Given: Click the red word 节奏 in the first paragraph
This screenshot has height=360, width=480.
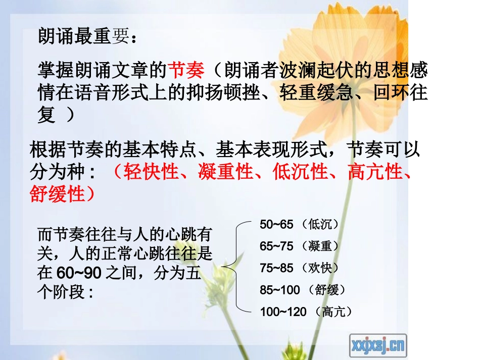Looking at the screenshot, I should tap(185, 70).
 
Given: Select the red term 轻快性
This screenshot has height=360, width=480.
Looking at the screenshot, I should tap(151, 172).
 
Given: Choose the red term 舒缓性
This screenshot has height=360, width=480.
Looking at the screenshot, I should tap(57, 194).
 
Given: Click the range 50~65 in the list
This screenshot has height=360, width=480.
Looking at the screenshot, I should tap(276, 224).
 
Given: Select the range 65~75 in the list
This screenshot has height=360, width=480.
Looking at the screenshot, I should tap(276, 246).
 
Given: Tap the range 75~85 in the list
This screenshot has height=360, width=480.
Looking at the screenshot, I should tap(276, 268).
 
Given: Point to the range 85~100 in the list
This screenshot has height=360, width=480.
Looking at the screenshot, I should tap(279, 290).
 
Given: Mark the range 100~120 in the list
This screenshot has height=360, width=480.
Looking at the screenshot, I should tap(283, 312).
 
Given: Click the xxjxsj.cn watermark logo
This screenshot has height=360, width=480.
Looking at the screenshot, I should tap(378, 346).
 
